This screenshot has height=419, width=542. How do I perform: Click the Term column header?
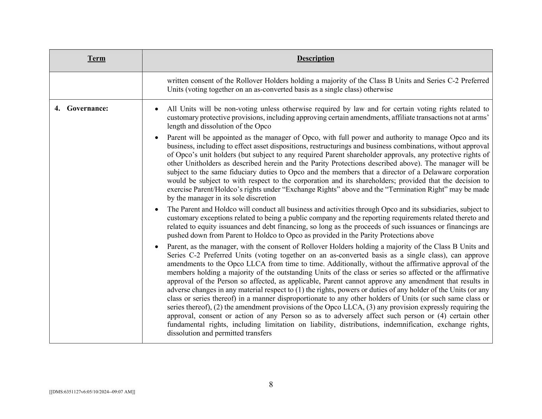point(96,58)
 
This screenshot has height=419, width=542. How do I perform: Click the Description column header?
point(315,58)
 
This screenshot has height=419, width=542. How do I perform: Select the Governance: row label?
point(87,108)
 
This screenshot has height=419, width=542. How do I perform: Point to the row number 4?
point(57,108)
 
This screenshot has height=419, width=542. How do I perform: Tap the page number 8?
point(271,384)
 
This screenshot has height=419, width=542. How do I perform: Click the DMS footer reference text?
point(92,392)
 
